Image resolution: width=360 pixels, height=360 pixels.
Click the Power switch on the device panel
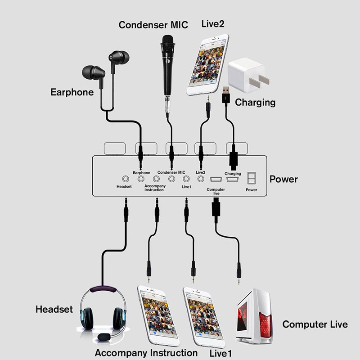(x=252, y=179)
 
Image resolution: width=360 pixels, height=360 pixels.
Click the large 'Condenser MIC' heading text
(x=153, y=25)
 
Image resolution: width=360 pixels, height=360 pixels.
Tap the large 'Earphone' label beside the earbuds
(x=72, y=92)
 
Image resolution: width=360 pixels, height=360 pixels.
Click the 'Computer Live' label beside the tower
(x=315, y=324)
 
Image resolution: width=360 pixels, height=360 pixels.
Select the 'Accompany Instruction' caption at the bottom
(x=146, y=353)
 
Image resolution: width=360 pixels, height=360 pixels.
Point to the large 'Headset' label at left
(x=54, y=310)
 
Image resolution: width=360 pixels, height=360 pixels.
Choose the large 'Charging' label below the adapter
(x=255, y=102)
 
